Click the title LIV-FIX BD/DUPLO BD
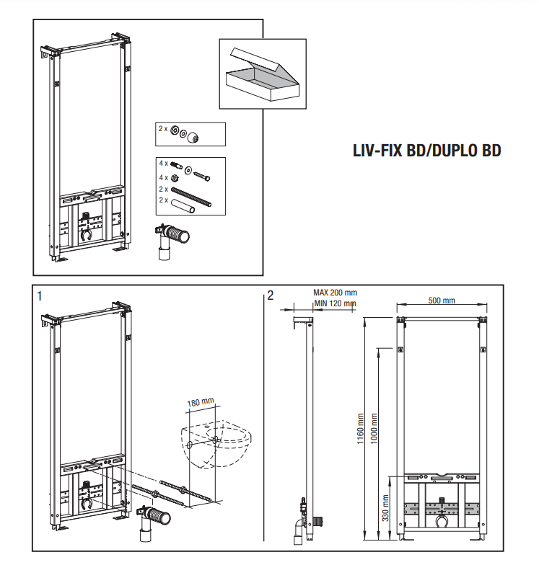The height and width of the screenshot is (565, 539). pos(426,151)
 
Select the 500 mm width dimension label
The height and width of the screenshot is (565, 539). pos(442,301)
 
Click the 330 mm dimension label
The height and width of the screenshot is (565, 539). pos(386,507)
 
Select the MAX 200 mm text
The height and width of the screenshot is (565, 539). pos(335,293)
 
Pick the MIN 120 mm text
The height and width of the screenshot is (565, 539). pos(335,303)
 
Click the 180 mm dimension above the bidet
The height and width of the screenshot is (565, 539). pos(201,402)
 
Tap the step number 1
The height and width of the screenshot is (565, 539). pos(40,295)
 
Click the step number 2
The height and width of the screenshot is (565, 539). pos(270,295)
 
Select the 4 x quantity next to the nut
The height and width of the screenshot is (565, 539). pos(163,177)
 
